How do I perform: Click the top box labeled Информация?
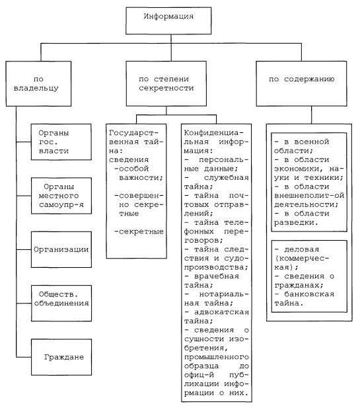pos(168,21)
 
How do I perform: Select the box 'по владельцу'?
pos(38,83)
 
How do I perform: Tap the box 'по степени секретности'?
pos(166,83)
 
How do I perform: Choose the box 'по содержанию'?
pos(301,83)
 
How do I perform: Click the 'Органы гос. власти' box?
pos(61,142)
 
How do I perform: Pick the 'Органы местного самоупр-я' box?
pos(61,196)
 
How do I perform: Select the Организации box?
pos(61,249)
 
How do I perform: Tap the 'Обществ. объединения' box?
pos(61,304)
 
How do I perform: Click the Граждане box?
pos(61,357)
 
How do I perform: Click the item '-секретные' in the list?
pos(139,231)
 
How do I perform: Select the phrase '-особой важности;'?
pos(139,173)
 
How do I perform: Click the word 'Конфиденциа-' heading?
pos(213,133)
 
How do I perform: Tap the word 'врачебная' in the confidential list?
pos(217,276)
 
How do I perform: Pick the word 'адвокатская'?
pos(221,312)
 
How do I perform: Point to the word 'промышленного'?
pos(217,357)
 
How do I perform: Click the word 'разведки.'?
pos(296,223)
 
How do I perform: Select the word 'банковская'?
pos(309,294)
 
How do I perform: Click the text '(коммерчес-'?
pos(302,259)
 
